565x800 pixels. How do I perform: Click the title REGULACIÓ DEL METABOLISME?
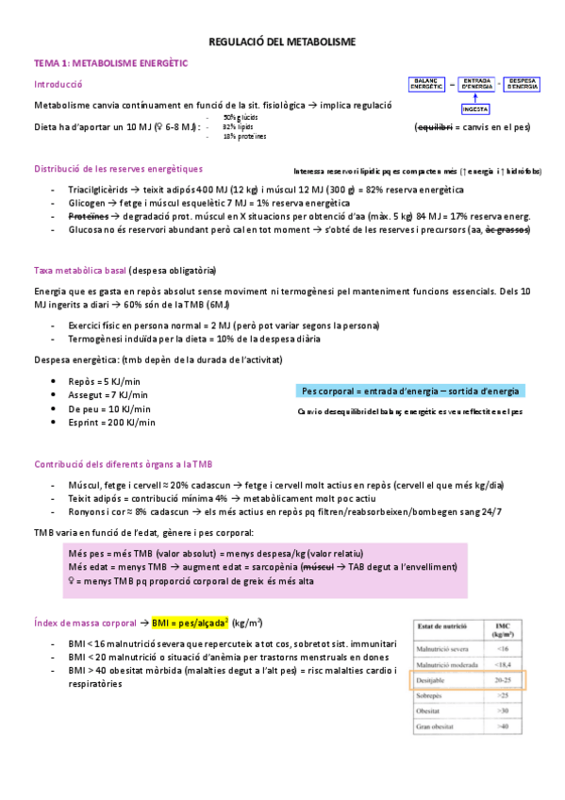click(x=282, y=42)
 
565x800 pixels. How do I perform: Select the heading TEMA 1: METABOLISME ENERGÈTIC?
click(x=111, y=63)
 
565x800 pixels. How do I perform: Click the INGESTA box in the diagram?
click(x=475, y=108)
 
